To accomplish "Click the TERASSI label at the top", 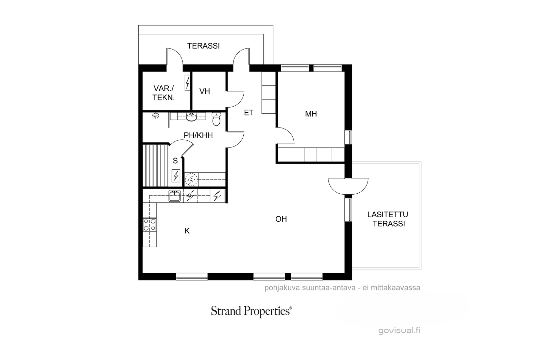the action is point(204,46).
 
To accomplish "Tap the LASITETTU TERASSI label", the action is point(388,219).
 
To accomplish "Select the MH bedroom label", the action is point(311,114).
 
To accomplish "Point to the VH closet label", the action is point(205,91).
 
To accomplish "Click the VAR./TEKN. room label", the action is point(163,93).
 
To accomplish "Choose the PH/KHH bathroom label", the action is point(198,135).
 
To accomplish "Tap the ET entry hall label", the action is point(248,113).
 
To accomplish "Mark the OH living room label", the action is point(281,219).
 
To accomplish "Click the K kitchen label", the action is point(187,231).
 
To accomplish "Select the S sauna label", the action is point(175,161).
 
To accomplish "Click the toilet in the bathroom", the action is point(216,119).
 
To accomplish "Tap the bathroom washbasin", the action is point(192,117).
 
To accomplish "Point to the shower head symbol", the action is point(156,116).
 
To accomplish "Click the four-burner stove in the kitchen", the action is point(150,225).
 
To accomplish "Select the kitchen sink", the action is point(174,196).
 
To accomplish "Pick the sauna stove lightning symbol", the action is point(176,175).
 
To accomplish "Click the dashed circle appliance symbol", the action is point(191,179).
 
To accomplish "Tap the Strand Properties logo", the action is point(251,311).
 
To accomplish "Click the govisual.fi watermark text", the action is point(399,330).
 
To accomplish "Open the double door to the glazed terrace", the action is point(348,186).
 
